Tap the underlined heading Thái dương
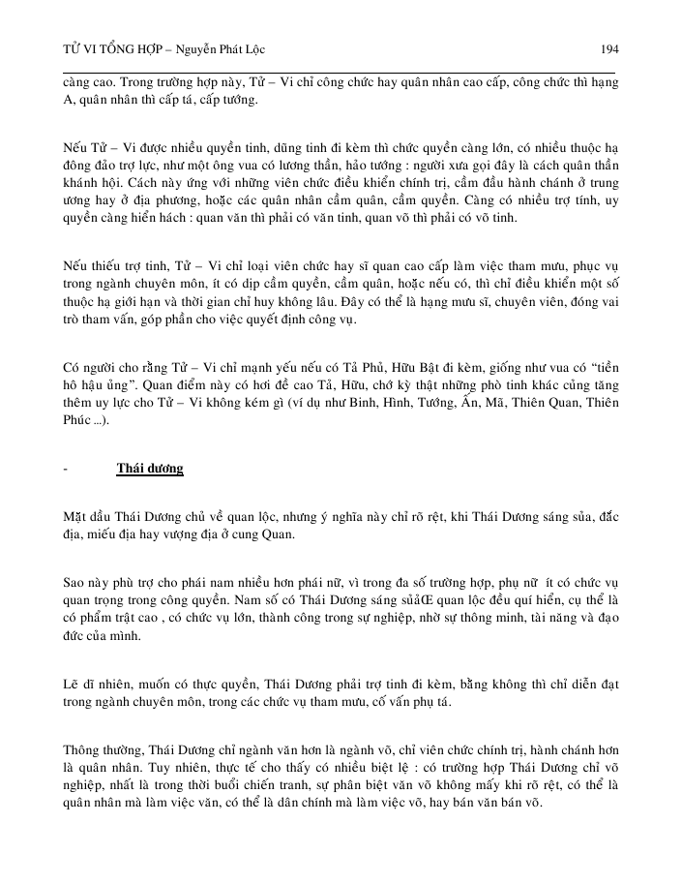click(150, 469)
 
